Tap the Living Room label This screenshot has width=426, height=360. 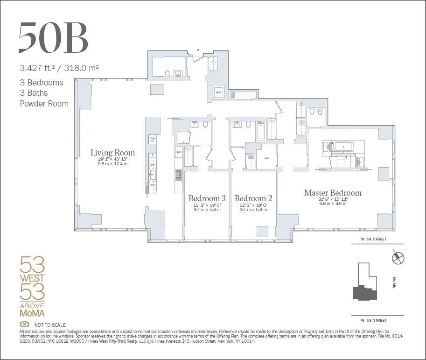112,153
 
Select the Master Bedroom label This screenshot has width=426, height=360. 333,193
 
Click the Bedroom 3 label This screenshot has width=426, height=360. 207,198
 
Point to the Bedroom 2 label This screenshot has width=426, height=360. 253,198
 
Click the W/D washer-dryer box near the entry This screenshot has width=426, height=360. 218,92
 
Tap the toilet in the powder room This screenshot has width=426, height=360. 167,73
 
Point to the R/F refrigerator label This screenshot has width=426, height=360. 178,152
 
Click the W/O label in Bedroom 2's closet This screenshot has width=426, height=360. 266,158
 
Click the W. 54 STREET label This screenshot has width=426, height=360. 374,239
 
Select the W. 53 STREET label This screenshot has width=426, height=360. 374,320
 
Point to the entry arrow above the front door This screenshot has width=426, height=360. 198,49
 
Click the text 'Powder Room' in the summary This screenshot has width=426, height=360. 44,104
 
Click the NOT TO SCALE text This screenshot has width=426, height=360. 50,325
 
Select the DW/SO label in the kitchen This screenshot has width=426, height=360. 152,139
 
